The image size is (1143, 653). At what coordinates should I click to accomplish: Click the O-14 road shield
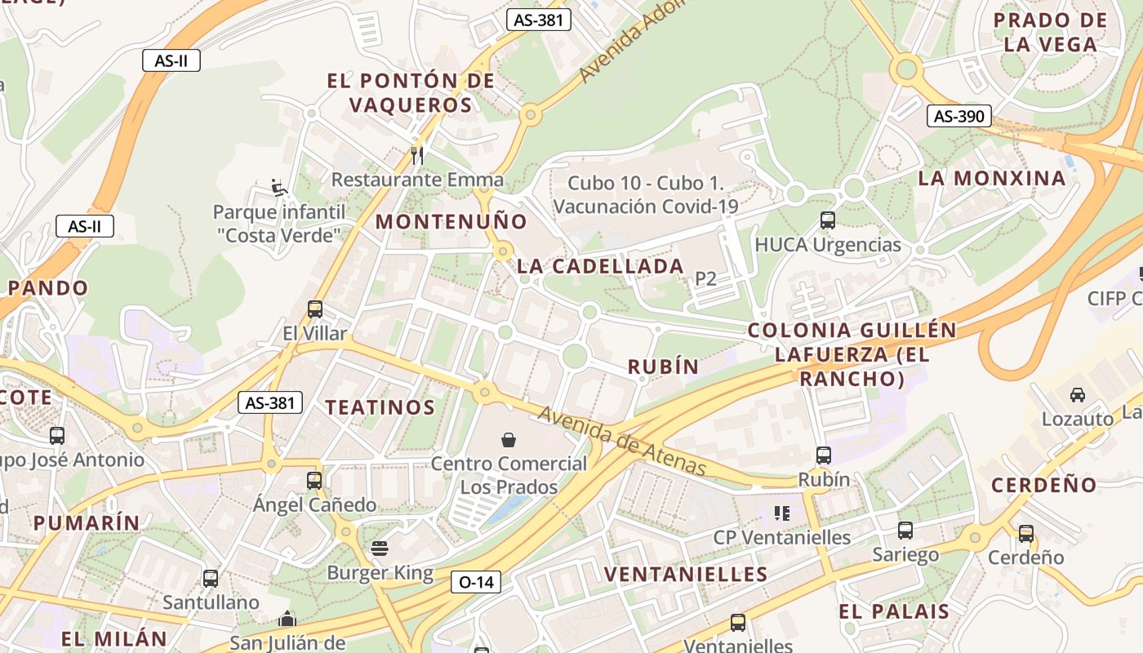coord(475,582)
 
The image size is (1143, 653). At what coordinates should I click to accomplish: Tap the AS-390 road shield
coord(958,117)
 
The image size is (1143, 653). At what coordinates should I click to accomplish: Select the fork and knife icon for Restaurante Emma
coord(417,155)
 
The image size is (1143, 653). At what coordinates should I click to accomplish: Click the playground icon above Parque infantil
coord(279,188)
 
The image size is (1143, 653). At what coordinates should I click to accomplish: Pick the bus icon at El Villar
coord(315,309)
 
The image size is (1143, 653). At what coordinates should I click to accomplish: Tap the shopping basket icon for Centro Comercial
coord(509,440)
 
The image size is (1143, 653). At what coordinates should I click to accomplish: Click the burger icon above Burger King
coord(380,548)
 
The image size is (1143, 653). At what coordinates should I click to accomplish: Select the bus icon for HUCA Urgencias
coord(827,220)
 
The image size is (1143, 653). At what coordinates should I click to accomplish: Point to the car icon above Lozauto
coord(1077,395)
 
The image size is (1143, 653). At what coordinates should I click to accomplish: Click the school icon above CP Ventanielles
coord(782,513)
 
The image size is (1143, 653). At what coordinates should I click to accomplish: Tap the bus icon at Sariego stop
coord(905,531)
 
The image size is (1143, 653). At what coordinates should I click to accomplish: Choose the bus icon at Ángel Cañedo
coord(314,481)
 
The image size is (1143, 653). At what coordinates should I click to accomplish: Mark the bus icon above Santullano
coord(211,579)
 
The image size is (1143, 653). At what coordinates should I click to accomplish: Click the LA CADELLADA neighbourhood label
coord(600,266)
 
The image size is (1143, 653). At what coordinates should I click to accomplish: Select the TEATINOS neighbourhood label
coord(380,406)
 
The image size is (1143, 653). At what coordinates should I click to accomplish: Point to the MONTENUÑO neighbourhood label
coord(451,221)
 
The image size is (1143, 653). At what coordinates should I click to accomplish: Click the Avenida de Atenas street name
coord(621,442)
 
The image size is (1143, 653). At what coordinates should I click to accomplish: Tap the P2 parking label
coord(705,279)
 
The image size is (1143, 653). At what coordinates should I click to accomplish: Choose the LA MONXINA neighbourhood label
coord(992,178)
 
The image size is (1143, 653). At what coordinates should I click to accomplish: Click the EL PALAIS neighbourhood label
coord(894,611)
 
